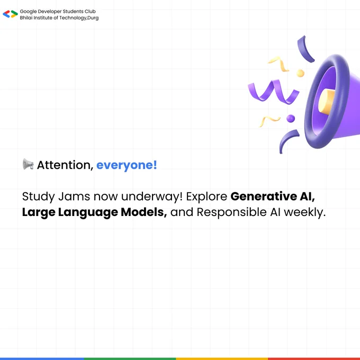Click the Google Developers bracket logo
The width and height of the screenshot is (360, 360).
click(11, 14)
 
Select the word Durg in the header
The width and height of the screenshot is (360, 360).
click(93, 17)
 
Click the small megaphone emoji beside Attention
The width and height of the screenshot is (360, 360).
click(28, 164)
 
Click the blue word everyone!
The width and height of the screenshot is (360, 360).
click(127, 165)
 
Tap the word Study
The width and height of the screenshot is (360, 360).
click(39, 197)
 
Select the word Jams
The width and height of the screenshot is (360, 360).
click(74, 196)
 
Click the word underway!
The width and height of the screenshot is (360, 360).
click(152, 196)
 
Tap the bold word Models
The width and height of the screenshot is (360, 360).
click(144, 212)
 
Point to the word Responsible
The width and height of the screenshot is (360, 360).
click(232, 212)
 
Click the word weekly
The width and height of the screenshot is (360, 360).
click(304, 212)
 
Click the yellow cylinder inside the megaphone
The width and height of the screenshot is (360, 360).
click(326, 101)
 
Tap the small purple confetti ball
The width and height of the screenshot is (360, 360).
click(291, 119)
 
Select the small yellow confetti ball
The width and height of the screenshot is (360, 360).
click(300, 73)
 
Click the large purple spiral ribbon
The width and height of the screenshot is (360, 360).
click(274, 92)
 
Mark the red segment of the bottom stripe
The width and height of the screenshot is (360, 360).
click(314, 358)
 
